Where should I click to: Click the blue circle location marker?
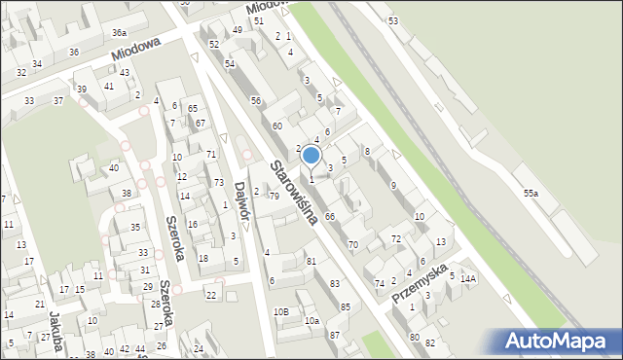click(x=311, y=155)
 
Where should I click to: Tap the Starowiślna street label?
click(x=295, y=193)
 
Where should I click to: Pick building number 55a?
click(x=531, y=195)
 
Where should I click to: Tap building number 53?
click(x=393, y=20)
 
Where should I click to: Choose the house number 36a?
click(x=119, y=33)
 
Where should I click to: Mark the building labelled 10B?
click(x=280, y=311)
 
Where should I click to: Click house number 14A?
click(x=468, y=279)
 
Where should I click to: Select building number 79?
click(x=274, y=197)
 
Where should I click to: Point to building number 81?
click(x=311, y=261)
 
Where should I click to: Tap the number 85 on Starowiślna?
click(x=345, y=307)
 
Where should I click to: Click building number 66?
click(x=330, y=216)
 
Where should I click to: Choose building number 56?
click(x=256, y=101)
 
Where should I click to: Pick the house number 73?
click(x=219, y=183)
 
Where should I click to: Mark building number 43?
click(x=126, y=72)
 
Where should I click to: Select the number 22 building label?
click(x=210, y=295)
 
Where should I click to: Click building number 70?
click(x=353, y=244)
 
